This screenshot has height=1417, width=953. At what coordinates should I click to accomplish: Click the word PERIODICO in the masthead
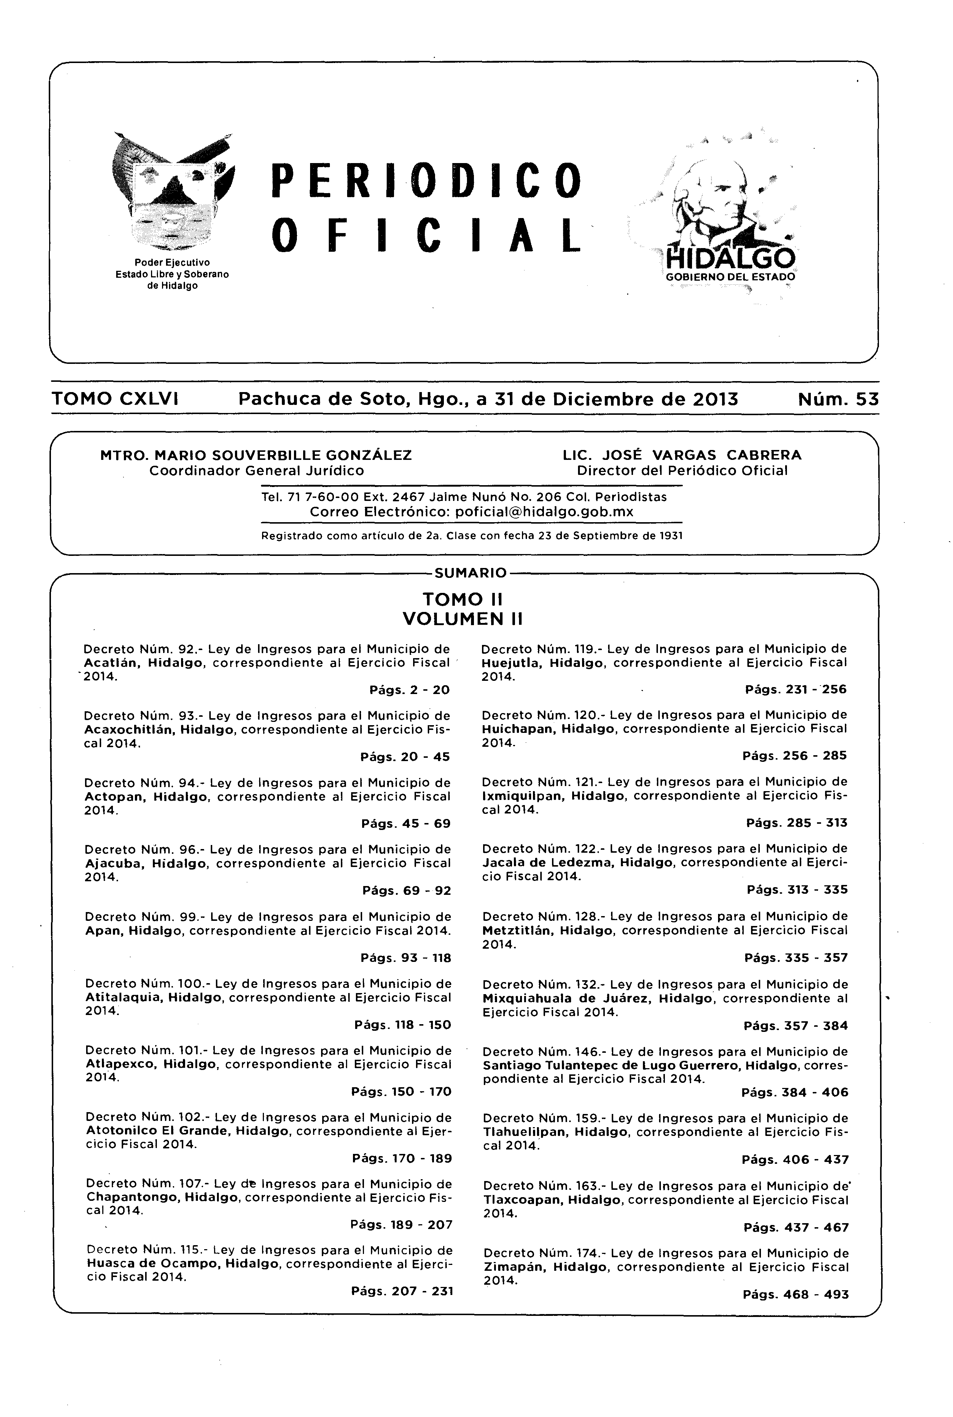tap(426, 180)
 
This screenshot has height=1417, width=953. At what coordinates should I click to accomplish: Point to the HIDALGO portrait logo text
tap(730, 259)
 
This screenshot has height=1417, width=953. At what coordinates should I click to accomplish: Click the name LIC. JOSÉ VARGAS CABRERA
tap(682, 455)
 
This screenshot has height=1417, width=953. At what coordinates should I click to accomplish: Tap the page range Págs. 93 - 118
tap(405, 958)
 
